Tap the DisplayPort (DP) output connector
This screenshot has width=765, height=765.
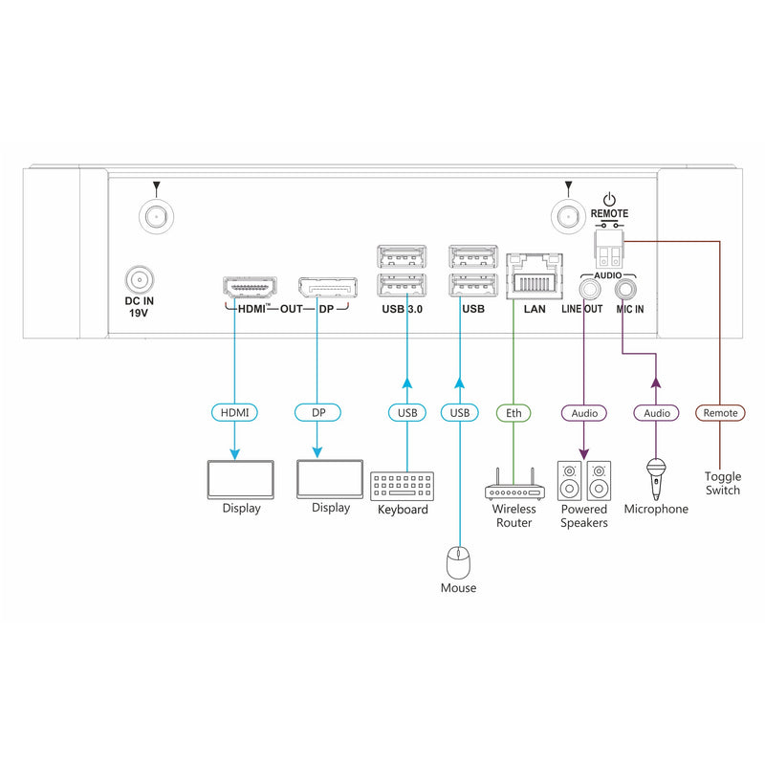pos(327,287)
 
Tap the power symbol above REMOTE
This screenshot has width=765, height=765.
pos(610,200)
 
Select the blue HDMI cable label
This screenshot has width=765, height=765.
pos(234,413)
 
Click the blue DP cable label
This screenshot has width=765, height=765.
pos(317,413)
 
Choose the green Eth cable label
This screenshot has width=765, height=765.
pos(513,413)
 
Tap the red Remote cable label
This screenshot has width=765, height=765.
pos(720,413)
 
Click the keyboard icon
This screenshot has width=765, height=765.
pos(402,485)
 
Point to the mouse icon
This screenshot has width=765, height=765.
pos(458,561)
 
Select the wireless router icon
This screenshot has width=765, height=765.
pos(514,489)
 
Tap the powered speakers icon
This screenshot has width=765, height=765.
pos(583,480)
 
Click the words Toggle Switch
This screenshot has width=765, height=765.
pos(722,483)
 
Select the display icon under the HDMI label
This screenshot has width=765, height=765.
pos(241,479)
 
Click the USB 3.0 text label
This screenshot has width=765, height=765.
pos(403,310)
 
